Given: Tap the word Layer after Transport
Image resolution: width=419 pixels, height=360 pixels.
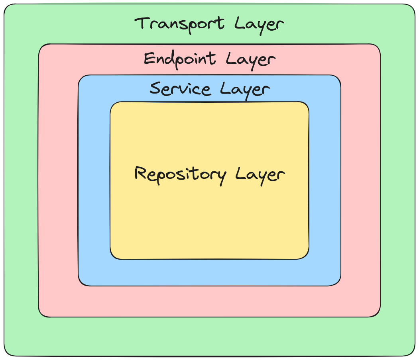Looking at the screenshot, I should (x=260, y=25).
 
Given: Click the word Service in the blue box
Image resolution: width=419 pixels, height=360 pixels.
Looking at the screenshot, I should (x=180, y=88).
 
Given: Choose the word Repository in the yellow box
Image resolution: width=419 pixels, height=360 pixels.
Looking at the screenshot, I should (x=181, y=175).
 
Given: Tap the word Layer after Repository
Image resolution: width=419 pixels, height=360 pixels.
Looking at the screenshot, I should (x=260, y=176).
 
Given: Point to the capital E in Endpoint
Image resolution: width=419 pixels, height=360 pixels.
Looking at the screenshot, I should (x=149, y=59).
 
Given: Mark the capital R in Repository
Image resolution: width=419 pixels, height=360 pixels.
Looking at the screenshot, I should (x=140, y=174).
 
